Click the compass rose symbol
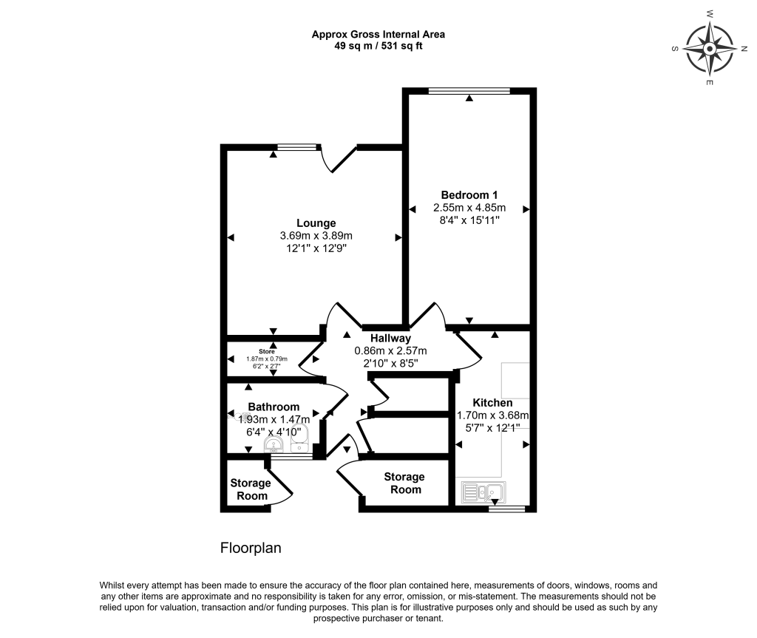click(709, 49)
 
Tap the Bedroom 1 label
click(469, 194)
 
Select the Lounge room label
click(316, 223)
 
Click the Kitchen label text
click(492, 402)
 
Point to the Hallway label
click(390, 338)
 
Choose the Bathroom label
click(274, 407)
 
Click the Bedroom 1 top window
click(469, 91)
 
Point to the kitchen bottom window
click(506, 509)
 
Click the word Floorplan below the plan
click(251, 549)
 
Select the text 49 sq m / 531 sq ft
click(378, 46)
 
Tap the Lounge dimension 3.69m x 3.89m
click(316, 236)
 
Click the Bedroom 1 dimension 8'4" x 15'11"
click(469, 221)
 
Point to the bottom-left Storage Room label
click(251, 489)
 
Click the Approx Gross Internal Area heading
click(378, 34)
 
